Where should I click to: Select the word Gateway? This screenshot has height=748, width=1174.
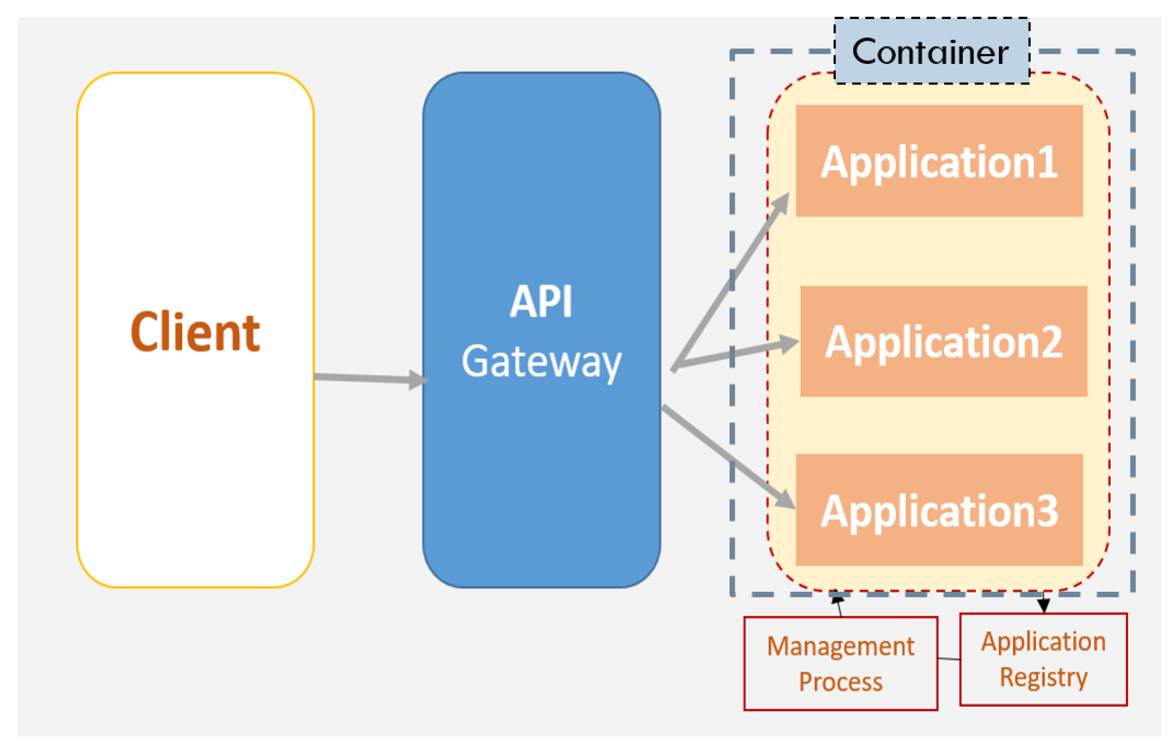pos(541,362)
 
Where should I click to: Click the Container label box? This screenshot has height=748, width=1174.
pos(931,51)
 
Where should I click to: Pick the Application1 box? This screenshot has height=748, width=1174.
pos(939,161)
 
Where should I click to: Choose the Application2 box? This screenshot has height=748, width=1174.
pos(943,341)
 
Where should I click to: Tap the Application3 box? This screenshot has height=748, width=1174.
pos(939,510)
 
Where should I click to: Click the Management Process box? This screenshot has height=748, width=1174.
pos(841,663)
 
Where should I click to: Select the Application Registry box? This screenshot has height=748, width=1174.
pos(1043,659)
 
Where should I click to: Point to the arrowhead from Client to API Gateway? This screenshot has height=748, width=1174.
pos(418,380)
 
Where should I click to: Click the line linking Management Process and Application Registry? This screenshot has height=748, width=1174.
pos(949,659)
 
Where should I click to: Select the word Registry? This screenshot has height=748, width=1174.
pos(1043,677)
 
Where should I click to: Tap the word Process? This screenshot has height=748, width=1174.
pos(841,682)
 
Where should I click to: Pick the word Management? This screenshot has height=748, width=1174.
pos(841,646)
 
